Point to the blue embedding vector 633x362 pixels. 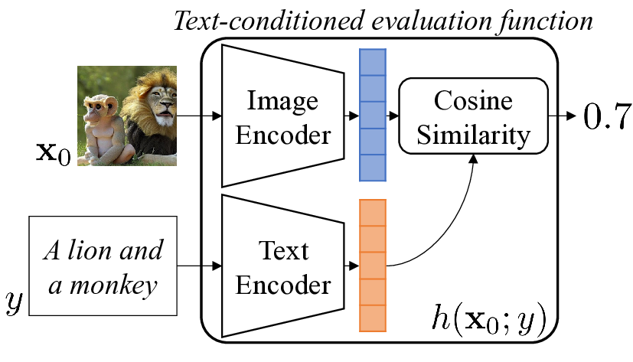click(x=373, y=115)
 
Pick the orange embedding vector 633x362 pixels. click(x=373, y=265)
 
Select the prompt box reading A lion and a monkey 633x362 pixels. click(x=103, y=266)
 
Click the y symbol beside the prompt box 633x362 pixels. click(x=14, y=302)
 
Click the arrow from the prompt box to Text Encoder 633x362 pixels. click(x=199, y=267)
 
